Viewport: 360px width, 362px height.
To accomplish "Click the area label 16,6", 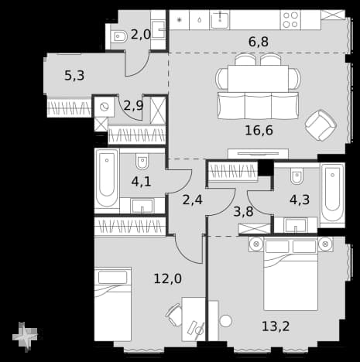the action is coord(259,131).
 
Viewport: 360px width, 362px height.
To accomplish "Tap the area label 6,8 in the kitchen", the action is coord(259,42).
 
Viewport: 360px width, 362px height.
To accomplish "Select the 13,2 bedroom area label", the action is coord(276,326).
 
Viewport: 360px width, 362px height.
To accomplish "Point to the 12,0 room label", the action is coord(168,278).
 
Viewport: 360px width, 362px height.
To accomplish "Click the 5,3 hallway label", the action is coord(74,76).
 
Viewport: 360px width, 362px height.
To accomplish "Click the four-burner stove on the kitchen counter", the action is coord(290,20).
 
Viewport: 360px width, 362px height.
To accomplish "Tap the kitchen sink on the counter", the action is coord(219,20).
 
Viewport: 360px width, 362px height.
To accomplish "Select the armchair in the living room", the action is coord(321,125).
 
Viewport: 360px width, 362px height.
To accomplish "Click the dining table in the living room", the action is coord(258,78).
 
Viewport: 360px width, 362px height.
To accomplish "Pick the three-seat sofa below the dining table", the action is coord(258,105).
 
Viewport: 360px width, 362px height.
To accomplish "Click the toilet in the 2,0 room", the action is coord(120,38).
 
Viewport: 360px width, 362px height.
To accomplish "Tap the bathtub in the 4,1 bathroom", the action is coord(107,181).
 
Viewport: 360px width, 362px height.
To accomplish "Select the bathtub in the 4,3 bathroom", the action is coord(332,195).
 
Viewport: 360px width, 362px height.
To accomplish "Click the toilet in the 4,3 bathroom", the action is coord(297,176).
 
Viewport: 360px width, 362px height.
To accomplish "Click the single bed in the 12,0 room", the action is coord(113,304).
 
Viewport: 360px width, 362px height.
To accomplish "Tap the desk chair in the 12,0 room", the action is coord(173,315).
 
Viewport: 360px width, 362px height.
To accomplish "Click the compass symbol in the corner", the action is coord(25,336).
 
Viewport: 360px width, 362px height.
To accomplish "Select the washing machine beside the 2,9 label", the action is coord(105,107).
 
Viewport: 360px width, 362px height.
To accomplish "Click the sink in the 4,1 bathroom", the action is coord(142,206).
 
